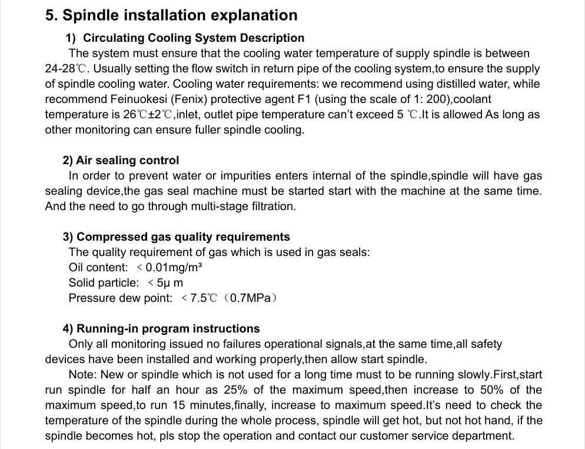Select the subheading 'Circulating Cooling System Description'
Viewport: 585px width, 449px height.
click(194, 38)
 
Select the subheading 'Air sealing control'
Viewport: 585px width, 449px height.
click(127, 161)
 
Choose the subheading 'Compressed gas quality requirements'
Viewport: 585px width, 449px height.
click(183, 237)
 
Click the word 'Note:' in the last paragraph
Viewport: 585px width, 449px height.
click(83, 375)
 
